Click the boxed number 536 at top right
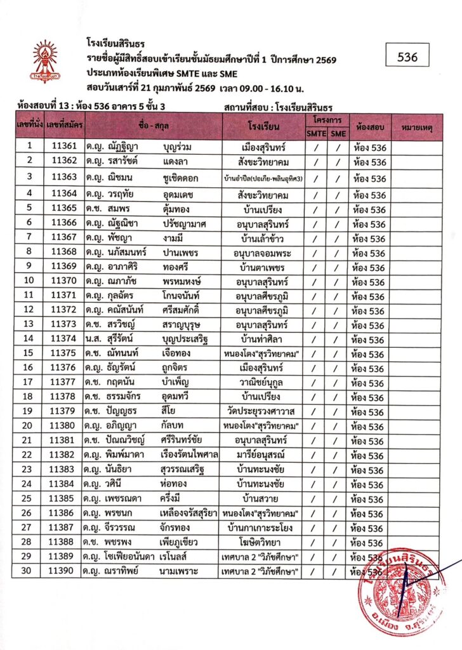tap(407, 57)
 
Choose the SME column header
tap(338, 133)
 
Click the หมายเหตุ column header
tap(417, 128)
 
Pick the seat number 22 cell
tap(29, 456)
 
